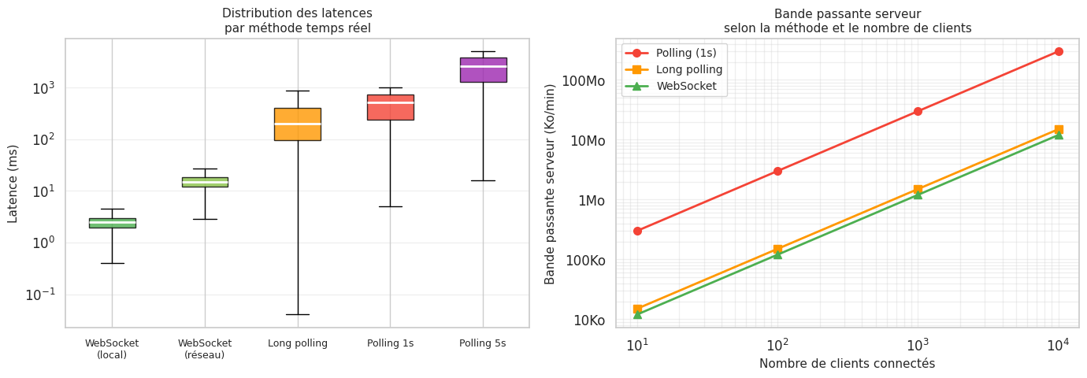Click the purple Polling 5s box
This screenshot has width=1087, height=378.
[483, 69]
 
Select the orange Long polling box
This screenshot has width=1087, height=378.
[298, 124]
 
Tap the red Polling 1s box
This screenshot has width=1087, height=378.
[390, 107]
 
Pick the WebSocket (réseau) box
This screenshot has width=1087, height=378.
[205, 182]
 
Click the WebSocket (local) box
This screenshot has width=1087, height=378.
[112, 223]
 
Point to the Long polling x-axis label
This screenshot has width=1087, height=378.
[298, 343]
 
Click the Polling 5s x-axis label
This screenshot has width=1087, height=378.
[483, 343]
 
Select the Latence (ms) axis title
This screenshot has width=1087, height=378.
[13, 183]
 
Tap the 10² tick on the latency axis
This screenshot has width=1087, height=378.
[44, 140]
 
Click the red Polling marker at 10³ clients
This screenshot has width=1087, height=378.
[918, 111]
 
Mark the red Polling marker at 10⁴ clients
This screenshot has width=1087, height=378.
[1059, 51]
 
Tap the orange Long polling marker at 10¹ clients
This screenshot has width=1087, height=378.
[637, 309]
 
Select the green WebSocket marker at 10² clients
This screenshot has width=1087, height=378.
[777, 254]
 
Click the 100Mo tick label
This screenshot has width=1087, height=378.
[584, 81]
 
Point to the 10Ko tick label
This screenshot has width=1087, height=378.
[588, 321]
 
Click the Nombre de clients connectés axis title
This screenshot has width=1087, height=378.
[847, 364]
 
